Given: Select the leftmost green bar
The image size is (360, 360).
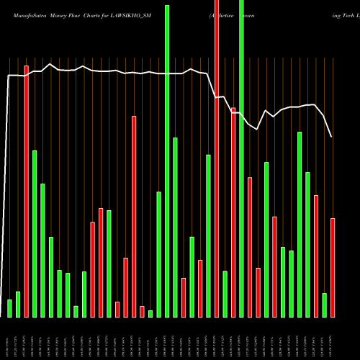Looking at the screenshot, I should pos(10,308).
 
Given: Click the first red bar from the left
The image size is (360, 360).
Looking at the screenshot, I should pos(27,191).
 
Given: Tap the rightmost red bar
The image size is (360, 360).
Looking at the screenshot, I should pos(333,267).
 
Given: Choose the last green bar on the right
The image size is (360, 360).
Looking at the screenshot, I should pos(325,305).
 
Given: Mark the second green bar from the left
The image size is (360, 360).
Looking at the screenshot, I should pos(18,304).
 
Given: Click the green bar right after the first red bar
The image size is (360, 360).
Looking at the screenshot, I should pos(35,233).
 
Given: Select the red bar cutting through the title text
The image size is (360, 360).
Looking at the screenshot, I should pos(217,158).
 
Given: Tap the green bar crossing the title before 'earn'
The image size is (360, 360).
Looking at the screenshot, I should pos(241,158).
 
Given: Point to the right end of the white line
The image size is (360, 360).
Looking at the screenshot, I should pos(331,137).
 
